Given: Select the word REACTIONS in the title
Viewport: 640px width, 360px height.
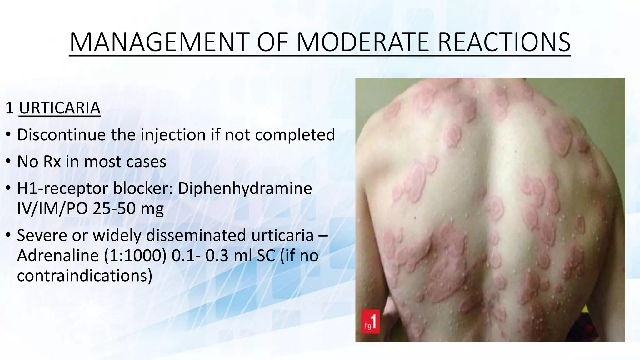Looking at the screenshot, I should coord(504,42).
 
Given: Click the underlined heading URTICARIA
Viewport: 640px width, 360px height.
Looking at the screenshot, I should coord(60,108).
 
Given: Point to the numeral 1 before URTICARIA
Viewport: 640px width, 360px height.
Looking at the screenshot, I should coord(9,108).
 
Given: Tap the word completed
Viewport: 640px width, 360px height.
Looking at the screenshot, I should coord(295,135).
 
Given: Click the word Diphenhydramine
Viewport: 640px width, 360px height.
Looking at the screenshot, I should coord(245,188).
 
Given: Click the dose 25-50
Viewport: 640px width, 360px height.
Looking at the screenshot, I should coord(114,209).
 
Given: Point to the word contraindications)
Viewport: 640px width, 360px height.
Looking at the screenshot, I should coord(85,276).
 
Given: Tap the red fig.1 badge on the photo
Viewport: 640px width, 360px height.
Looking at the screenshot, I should coord(371,322).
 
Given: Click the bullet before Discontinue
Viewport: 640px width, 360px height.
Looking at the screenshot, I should coord(8,135).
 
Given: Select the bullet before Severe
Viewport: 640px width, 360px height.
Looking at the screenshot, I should coord(8,235).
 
